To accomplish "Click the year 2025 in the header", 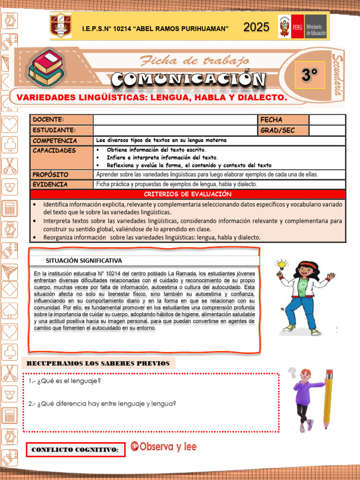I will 256,27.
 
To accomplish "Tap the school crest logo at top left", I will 61,26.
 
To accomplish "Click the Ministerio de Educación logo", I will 302,27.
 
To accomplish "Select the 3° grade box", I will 310,75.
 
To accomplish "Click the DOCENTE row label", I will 61,120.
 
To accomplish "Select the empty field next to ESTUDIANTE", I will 175,130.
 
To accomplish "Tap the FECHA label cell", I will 283,120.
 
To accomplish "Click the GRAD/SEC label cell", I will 283,130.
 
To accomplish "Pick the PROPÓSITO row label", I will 61,174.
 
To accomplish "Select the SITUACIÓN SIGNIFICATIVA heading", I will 84,260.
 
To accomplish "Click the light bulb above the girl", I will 281,263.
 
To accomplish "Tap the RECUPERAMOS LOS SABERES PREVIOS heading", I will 98,363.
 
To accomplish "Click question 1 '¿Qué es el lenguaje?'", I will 64,381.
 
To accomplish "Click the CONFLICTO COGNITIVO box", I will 75,450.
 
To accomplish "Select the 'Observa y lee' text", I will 164,447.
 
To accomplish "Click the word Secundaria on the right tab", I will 337,75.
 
